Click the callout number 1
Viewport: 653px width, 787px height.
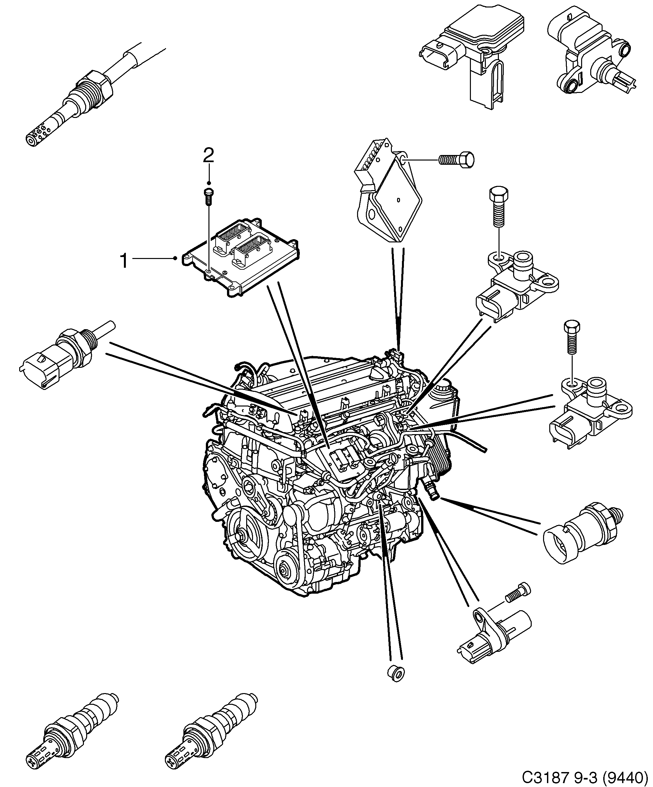(124, 261)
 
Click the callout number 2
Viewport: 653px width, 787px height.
(208, 155)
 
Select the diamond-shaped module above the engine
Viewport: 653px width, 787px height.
(390, 195)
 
